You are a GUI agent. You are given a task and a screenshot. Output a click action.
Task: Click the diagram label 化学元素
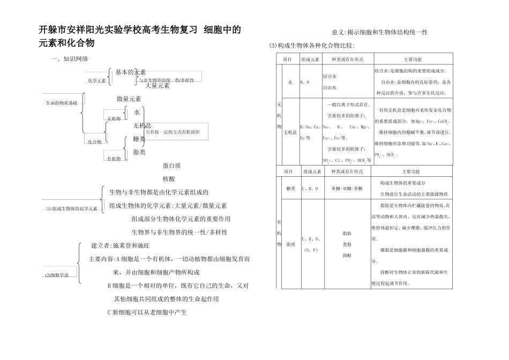[97, 81]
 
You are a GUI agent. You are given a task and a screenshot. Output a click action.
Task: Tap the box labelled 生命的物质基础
[61, 102]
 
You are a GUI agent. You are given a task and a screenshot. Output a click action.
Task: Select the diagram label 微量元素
[129, 99]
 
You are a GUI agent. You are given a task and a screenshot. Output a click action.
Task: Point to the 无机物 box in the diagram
[114, 119]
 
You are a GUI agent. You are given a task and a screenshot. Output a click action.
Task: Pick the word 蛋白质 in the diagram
[171, 166]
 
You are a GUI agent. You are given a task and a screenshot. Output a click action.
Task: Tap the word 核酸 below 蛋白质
[169, 179]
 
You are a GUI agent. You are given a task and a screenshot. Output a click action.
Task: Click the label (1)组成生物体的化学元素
[71, 208]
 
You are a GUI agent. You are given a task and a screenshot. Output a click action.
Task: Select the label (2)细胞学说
[57, 275]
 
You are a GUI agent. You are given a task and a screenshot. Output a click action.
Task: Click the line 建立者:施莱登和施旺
[121, 246]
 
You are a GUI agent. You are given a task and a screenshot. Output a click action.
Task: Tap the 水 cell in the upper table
[290, 82]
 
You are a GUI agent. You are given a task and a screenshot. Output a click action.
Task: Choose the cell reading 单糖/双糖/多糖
[347, 189]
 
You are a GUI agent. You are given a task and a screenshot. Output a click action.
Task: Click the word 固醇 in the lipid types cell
[347, 256]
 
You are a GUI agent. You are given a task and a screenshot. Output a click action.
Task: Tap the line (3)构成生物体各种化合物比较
[311, 47]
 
